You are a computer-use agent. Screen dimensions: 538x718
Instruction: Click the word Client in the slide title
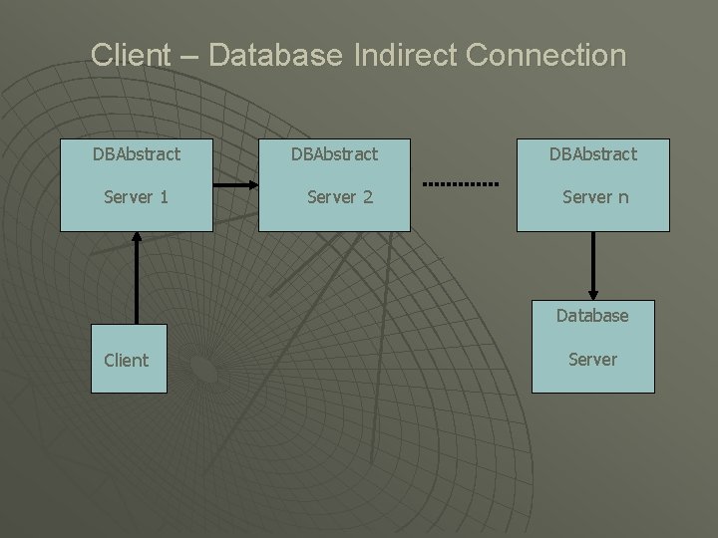[x=130, y=55]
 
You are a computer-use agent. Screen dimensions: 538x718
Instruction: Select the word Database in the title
[x=278, y=55]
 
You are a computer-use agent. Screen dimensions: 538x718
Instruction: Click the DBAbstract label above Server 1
[x=137, y=154]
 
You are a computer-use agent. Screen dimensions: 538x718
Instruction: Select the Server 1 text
[x=137, y=197]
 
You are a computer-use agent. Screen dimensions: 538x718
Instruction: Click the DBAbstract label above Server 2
[x=334, y=154]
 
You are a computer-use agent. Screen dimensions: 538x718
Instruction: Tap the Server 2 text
[x=340, y=197]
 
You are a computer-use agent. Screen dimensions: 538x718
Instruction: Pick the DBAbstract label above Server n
[x=592, y=154]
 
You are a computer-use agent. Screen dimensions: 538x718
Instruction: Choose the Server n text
[x=595, y=197]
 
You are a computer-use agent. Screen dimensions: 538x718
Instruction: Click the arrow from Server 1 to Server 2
[x=235, y=185]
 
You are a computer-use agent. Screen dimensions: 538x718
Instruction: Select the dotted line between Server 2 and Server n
[x=461, y=185]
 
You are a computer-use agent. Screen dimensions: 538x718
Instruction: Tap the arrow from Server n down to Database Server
[x=593, y=264]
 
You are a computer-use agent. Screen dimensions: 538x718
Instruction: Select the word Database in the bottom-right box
[x=592, y=316]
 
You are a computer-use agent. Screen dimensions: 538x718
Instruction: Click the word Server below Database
[x=592, y=359]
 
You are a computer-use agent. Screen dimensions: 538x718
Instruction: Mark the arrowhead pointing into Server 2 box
[x=252, y=185]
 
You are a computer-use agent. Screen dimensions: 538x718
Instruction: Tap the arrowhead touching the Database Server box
[x=593, y=294]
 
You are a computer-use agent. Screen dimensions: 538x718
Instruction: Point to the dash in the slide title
[x=189, y=57]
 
